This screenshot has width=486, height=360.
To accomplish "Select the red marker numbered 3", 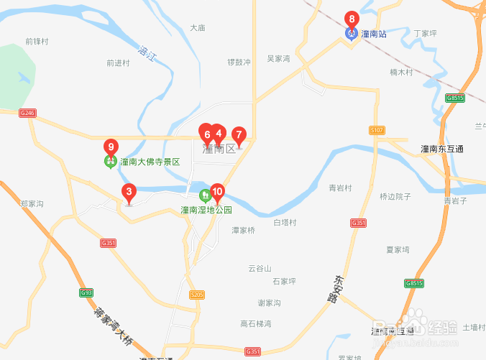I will coord(129,192).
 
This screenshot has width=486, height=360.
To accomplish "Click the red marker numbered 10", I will coord(218,193).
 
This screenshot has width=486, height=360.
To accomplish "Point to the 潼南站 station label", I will coord(374,34).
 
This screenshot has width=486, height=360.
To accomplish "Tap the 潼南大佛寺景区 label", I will coord(150,162).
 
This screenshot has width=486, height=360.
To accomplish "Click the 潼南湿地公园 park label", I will coord(206,211).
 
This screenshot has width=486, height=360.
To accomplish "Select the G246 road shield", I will coord(27,113).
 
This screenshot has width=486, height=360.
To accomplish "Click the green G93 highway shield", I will coord(86,293).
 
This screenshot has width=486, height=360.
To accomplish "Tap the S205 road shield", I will coord(197,295).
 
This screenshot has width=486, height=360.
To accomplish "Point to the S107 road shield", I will coord(377,130).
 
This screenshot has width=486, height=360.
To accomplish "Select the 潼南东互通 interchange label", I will coord(442,149).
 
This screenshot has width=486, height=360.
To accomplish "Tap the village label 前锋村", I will coord(36,42).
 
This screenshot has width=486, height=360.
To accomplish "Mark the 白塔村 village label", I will coord(285,223).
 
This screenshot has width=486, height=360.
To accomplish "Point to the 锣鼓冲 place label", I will coord(239,63).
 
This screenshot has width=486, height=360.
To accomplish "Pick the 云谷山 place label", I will coord(260,269).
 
